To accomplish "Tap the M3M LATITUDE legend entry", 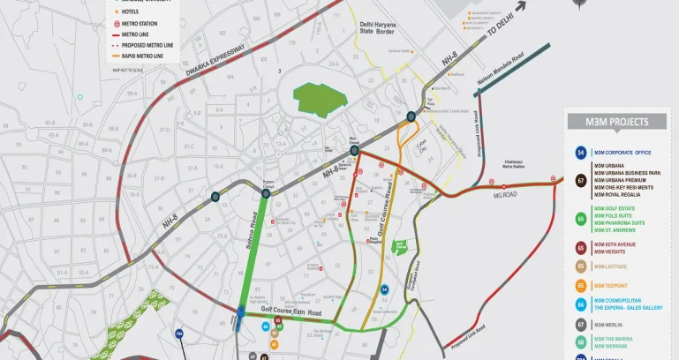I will [x=611, y=266].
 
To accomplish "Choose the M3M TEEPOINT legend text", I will [x=611, y=286].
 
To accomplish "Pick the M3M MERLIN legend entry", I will [x=608, y=325].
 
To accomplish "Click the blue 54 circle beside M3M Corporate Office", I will [x=581, y=153].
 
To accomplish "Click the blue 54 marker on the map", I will [x=385, y=289].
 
